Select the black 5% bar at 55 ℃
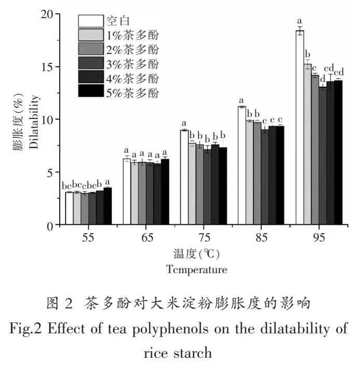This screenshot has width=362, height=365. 107,206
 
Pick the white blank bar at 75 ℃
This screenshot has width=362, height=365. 184,178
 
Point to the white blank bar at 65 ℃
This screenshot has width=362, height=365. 126,192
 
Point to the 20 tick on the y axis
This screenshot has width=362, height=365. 58,13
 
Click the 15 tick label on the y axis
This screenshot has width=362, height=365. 48,66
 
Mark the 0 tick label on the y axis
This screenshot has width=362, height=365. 51,225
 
